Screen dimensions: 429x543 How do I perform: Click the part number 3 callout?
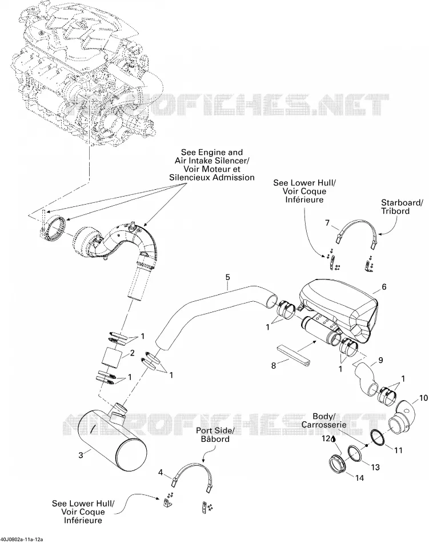81,455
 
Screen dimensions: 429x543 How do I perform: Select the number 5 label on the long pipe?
227,277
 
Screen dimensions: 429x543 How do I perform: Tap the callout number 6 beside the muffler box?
384,287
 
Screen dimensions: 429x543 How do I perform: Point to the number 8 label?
273,365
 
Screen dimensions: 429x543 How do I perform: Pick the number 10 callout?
423,398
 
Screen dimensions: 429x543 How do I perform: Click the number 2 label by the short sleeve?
132,353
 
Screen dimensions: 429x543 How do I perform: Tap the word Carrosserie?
324,425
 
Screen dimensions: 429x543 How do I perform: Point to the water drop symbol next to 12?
333,439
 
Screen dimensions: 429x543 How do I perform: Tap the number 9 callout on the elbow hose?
380,360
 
